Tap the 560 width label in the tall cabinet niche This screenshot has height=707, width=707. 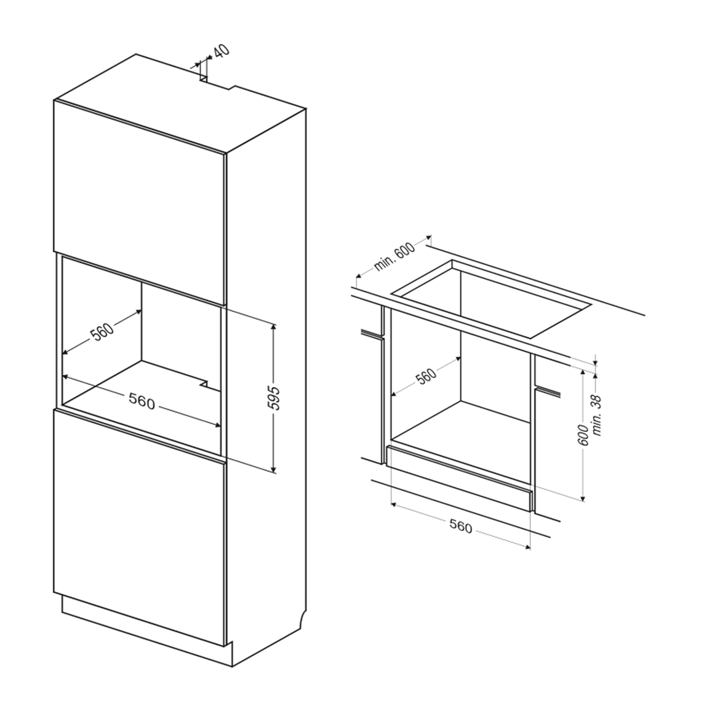click(142, 403)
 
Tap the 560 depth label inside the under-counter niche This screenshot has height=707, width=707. click(426, 375)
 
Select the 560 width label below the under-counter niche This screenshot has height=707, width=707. click(461, 526)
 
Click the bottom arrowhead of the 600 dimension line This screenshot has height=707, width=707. click(583, 498)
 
